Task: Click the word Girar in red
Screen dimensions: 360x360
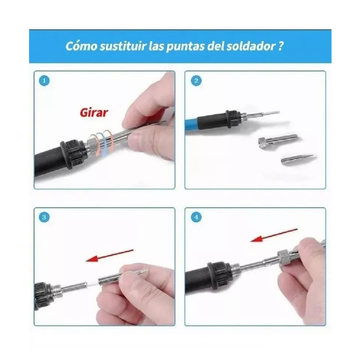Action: tap(94, 112)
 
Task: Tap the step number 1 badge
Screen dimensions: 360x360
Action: tap(44, 81)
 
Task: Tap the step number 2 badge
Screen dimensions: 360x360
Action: tap(196, 81)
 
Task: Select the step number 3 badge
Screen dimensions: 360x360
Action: tap(44, 217)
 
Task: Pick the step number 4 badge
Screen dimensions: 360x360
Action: tap(196, 217)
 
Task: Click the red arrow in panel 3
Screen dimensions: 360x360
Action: tap(109, 255)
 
